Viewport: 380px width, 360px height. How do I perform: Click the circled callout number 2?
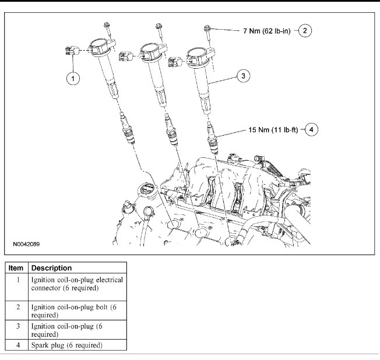point(307,31)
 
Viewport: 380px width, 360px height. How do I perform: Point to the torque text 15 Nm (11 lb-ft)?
point(270,130)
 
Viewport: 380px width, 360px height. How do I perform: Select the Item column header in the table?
point(17,268)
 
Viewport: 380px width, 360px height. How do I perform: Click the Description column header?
point(51,268)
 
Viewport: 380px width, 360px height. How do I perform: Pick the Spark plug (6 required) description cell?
point(66,345)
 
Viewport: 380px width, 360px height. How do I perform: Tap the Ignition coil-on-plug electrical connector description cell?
point(76,284)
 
